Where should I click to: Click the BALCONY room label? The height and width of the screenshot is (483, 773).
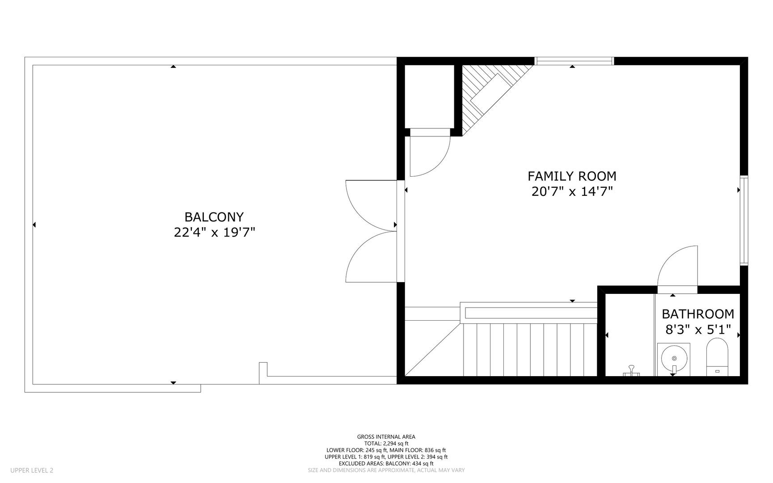[x=214, y=217]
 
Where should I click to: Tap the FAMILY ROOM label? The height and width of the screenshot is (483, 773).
[x=572, y=176]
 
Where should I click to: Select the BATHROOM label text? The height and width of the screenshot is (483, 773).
[x=698, y=314]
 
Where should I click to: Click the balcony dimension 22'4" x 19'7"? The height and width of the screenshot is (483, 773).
[x=214, y=232]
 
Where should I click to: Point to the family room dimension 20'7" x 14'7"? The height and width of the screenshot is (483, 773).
[x=572, y=191]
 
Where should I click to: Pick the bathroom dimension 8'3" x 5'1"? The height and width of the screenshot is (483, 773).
[x=698, y=330]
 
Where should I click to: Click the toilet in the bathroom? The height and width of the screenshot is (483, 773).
[x=717, y=357]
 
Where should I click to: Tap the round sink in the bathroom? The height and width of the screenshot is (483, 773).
[x=674, y=358]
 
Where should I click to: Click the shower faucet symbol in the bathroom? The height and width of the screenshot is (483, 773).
[x=632, y=371]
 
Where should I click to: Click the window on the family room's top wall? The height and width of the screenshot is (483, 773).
[x=574, y=61]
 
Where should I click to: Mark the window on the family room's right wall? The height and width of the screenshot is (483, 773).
[x=744, y=221]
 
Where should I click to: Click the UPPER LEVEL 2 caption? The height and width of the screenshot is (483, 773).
[x=32, y=470]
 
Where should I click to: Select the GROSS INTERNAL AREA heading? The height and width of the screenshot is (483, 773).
[x=386, y=437]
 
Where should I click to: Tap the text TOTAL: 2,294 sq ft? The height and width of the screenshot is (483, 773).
[x=386, y=444]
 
